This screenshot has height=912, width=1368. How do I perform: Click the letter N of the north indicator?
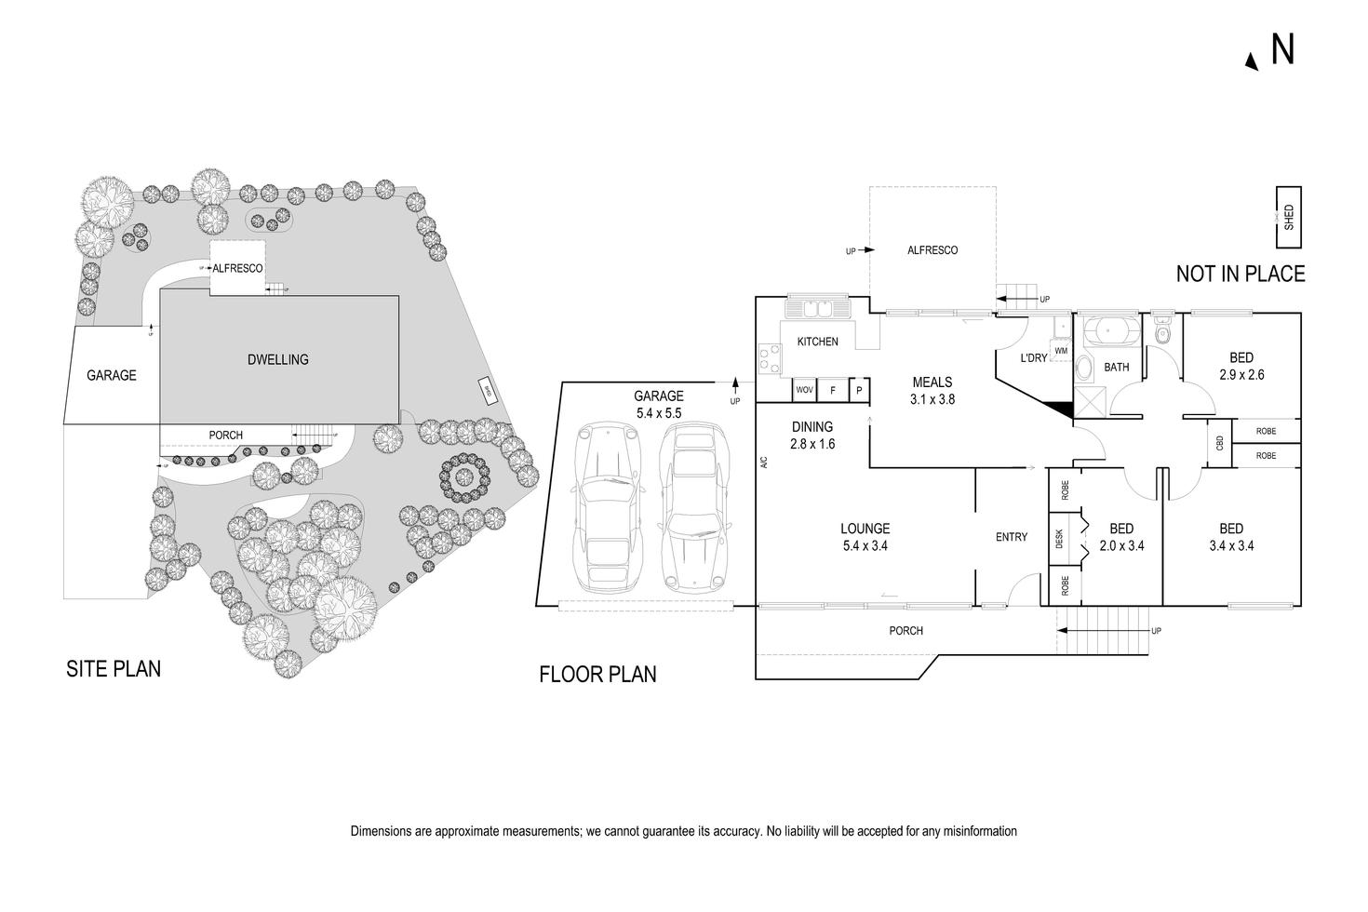click(1282, 50)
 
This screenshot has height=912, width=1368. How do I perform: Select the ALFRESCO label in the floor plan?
click(932, 250)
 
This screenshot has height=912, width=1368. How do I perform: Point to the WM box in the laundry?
click(1061, 351)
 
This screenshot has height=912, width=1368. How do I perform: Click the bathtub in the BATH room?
click(1115, 331)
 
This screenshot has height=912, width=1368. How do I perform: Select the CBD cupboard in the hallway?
click(1219, 443)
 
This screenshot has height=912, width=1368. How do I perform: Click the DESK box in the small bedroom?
click(1060, 541)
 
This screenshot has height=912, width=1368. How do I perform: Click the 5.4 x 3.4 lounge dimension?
click(865, 546)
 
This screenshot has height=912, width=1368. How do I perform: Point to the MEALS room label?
click(932, 382)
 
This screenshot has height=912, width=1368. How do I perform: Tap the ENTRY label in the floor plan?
click(1012, 537)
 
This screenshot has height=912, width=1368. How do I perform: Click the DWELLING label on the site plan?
click(278, 359)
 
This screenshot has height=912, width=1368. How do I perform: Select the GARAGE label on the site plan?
click(112, 376)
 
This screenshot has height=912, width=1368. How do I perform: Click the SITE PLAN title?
click(114, 668)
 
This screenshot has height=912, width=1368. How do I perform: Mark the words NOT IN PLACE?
click(1240, 274)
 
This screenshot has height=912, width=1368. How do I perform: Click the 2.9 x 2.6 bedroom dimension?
click(1241, 375)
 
